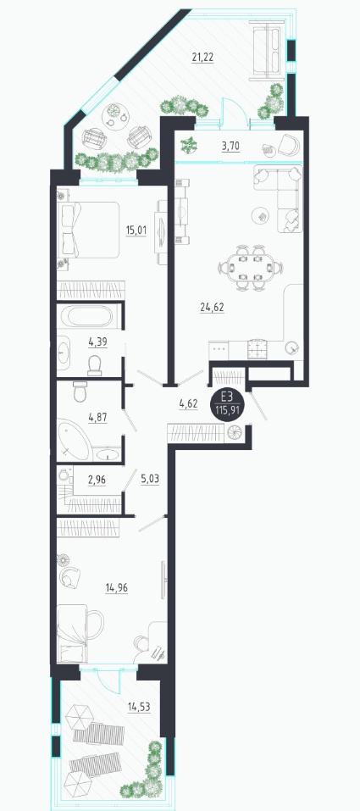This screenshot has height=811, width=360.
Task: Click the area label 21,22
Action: [x=202, y=58]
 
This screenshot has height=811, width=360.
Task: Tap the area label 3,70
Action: [x=230, y=147]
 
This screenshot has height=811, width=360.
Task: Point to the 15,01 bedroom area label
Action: [x=136, y=230]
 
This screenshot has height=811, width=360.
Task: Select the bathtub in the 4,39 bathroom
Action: [x=89, y=315]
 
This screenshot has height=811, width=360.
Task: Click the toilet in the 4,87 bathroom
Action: [x=79, y=392]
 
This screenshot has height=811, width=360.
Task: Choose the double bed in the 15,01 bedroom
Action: [x=88, y=229]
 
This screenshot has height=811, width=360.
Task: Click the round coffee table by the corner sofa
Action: [x=262, y=215]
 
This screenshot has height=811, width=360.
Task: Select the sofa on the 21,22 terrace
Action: [x=267, y=51]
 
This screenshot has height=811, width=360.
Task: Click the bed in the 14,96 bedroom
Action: [x=78, y=635]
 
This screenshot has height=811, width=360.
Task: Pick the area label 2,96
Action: [x=97, y=479]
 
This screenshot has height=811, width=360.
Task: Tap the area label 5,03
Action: [x=150, y=479]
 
